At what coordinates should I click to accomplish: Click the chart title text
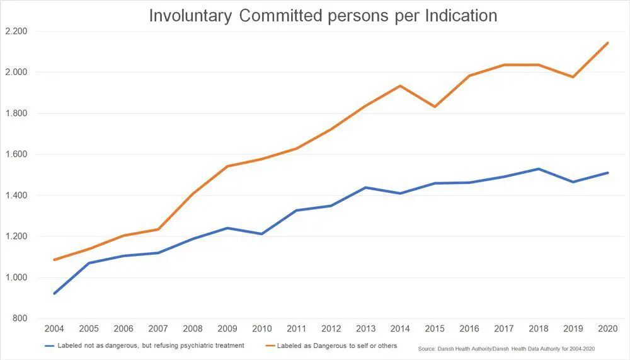(323, 15)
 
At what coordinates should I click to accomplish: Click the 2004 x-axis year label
(54, 329)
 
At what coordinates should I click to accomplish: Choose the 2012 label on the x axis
(331, 329)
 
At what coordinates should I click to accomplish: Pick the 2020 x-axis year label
(607, 329)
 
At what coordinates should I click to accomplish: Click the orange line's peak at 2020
(607, 43)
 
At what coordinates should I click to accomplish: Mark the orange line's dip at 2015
(435, 107)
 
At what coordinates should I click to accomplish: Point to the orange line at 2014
(400, 86)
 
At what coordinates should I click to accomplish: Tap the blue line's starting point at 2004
(55, 293)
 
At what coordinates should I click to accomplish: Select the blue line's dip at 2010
(261, 234)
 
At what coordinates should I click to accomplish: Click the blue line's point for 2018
(539, 169)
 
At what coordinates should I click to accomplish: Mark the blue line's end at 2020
(607, 173)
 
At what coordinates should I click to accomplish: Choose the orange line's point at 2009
(227, 166)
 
